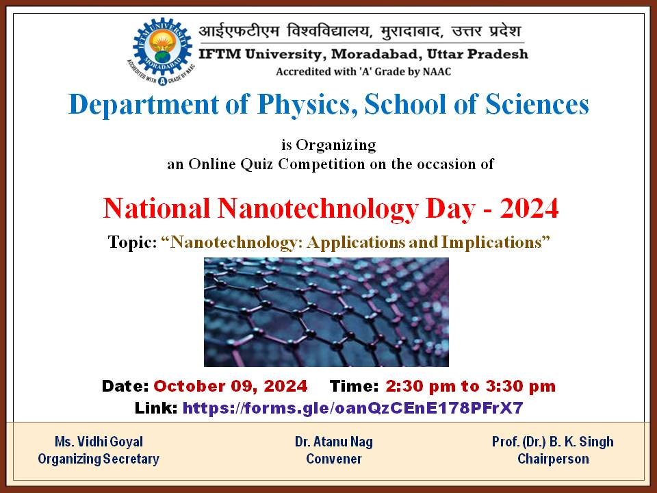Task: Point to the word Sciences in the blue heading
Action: pos(537,104)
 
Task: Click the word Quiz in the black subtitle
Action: pos(257,164)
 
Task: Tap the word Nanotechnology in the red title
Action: pos(318,209)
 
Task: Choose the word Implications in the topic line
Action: pos(491,242)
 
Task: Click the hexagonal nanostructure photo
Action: pos(326,312)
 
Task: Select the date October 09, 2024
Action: pos(231,386)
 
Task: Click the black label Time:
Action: pos(354,386)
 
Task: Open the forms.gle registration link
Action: pos(353,407)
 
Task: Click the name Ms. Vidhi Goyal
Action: pos(99,442)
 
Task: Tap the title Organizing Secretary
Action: pos(99,459)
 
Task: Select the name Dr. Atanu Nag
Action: pos(334,442)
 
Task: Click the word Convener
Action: pos(334,459)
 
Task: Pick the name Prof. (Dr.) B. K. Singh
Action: pos(553,442)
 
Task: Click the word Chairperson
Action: pos(553,459)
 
